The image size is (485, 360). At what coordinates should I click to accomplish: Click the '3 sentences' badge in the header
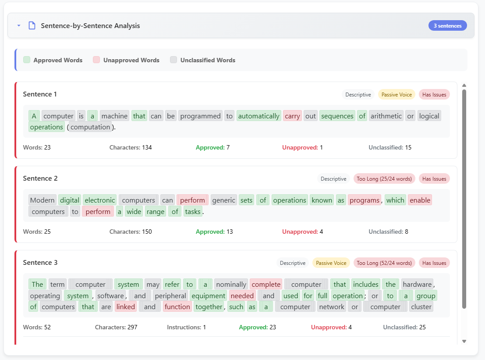447,26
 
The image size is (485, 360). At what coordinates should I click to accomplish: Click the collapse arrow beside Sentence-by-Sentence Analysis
19,25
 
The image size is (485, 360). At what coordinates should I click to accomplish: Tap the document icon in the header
32,25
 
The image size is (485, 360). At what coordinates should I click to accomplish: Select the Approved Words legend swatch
27,60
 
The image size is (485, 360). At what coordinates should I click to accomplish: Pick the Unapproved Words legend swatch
96,60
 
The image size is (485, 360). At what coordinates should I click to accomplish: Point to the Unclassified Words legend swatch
173,60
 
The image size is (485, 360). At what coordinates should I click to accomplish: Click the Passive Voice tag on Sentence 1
396,94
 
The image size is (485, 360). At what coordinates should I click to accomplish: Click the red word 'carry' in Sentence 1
292,116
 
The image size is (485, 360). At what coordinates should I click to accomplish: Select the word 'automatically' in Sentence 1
258,116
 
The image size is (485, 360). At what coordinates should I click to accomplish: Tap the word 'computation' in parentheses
90,127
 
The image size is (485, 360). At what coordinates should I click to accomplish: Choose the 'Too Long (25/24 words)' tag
384,178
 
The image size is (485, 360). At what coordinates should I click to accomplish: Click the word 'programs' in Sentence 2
365,200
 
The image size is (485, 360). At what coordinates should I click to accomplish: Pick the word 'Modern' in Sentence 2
42,200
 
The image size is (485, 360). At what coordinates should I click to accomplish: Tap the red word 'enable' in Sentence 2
420,200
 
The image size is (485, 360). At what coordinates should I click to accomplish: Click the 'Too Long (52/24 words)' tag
384,263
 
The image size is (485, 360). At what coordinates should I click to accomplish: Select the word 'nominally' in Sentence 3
231,284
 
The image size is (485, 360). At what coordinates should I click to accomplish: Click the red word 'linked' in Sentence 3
126,307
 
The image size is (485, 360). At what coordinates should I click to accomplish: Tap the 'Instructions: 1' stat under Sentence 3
186,327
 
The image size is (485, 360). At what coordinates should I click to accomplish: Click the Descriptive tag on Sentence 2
333,178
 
